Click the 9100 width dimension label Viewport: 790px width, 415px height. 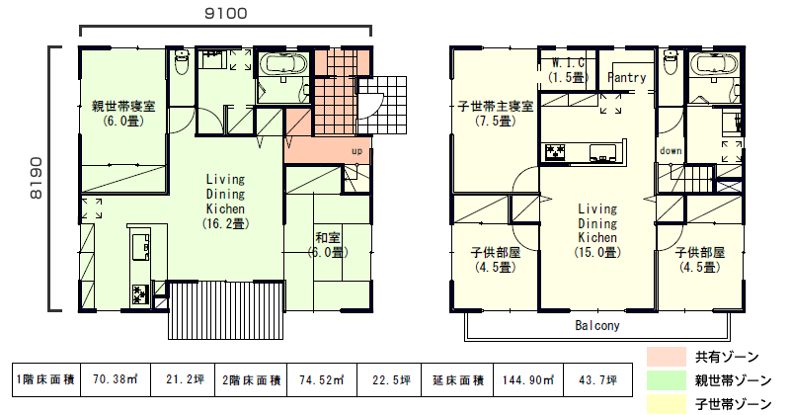(x=226, y=13)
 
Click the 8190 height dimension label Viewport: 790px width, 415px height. (x=36, y=178)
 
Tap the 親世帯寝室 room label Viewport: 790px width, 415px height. (x=123, y=107)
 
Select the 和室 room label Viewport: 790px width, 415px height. (x=328, y=237)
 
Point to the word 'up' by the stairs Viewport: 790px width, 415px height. (x=356, y=151)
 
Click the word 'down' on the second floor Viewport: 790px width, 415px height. (x=671, y=151)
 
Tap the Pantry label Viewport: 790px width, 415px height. (x=627, y=78)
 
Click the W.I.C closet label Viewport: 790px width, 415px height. (x=569, y=63)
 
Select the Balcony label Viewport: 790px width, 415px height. (x=597, y=326)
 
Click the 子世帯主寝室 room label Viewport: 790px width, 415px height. (x=496, y=107)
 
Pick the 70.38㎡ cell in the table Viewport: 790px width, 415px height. (x=116, y=379)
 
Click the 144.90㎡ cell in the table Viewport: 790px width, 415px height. (x=528, y=379)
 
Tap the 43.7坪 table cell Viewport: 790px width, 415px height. (x=598, y=379)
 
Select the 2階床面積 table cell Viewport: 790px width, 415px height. (x=251, y=379)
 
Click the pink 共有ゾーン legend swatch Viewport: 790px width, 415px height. (x=667, y=357)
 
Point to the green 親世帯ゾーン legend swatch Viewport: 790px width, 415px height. (x=667, y=380)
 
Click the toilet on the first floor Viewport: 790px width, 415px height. (x=182, y=61)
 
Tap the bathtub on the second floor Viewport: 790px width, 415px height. (x=715, y=65)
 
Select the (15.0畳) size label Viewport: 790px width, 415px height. (x=597, y=252)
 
